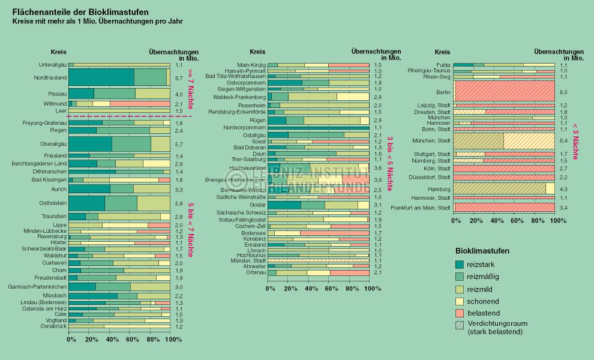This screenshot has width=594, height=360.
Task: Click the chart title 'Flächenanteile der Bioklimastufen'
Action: pos(81,11)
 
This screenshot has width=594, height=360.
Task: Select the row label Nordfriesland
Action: pos(50,77)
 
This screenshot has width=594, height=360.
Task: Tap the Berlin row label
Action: pos(443,92)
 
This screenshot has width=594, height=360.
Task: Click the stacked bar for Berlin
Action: pos(504,92)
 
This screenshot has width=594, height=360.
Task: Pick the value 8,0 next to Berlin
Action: pos(563,92)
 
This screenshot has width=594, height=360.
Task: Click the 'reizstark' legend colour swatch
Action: pos(460,264)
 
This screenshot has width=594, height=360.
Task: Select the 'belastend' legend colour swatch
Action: pos(460,313)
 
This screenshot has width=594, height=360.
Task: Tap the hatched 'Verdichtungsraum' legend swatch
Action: pos(460,326)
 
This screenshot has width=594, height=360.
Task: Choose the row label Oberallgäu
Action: pos(52,144)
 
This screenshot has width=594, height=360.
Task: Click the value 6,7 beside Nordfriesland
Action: pos(178,78)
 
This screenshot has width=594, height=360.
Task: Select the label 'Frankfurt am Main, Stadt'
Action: pos(421,208)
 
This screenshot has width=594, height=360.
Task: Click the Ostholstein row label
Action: pos(53,203)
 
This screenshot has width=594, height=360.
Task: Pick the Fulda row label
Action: pos(443,65)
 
